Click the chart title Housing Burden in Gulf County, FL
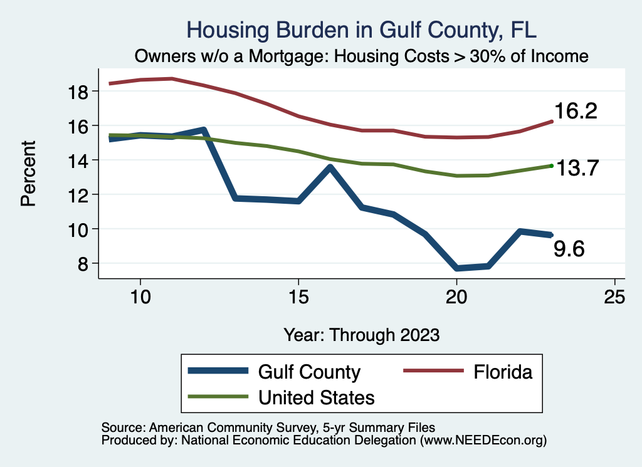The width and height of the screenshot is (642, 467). pyautogui.click(x=362, y=30)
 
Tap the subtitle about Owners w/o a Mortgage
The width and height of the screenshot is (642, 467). pyautogui.click(x=362, y=56)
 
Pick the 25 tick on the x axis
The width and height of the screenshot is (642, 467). pyautogui.click(x=615, y=296)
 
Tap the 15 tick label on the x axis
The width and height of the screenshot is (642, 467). pyautogui.click(x=298, y=296)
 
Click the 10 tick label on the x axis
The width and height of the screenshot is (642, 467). pyautogui.click(x=140, y=296)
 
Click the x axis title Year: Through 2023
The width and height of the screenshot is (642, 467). pyautogui.click(x=362, y=334)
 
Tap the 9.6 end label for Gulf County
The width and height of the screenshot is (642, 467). pyautogui.click(x=569, y=250)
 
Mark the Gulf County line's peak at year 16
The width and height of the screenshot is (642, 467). pyautogui.click(x=330, y=167)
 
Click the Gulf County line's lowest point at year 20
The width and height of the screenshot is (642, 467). pyautogui.click(x=457, y=268)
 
